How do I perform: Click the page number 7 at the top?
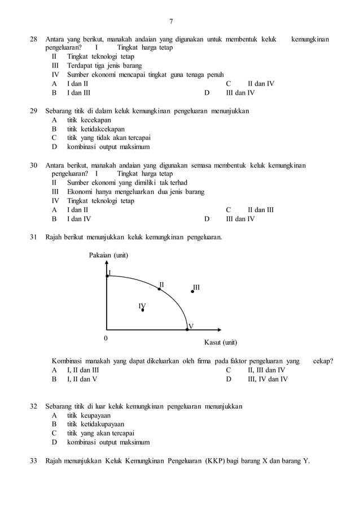point(172,22)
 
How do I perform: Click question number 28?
point(33,39)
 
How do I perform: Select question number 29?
point(33,111)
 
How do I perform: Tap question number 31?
point(33,236)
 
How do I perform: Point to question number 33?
point(33,460)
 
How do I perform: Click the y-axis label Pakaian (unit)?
point(108,256)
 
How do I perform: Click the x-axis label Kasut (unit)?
point(220,343)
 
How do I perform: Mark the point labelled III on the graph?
point(192,292)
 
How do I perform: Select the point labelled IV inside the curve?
point(143,310)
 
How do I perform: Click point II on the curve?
point(160,289)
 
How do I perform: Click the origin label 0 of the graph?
point(105,338)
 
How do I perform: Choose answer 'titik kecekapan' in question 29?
point(89,120)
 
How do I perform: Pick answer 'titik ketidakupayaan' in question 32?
point(95,424)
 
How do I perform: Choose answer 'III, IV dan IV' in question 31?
point(268,379)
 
